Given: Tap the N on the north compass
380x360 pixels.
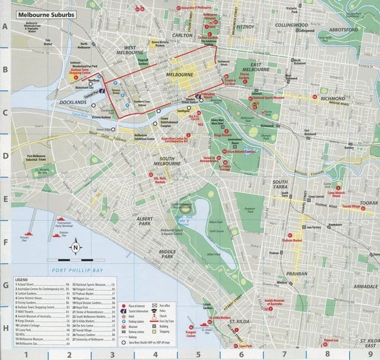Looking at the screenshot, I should pos(75,247).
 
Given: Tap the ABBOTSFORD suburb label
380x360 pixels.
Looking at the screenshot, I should pos(344,28).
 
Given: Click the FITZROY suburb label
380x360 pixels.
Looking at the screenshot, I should pos(245,27).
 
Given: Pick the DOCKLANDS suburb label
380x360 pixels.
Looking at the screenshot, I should pos(74,102).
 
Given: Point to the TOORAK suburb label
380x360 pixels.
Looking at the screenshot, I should pos(368,202).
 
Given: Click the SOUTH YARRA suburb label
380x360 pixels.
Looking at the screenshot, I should pos(280,184).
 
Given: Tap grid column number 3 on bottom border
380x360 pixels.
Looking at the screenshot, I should pos(111,355).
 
